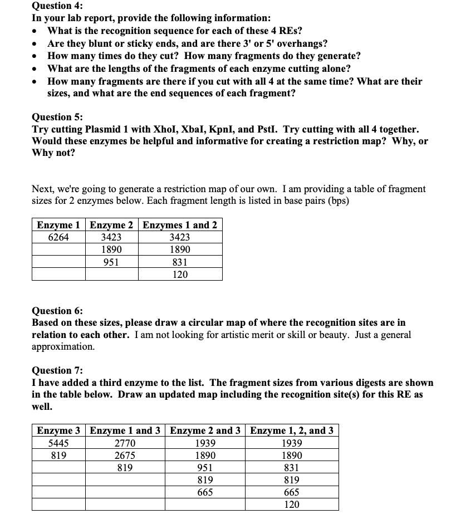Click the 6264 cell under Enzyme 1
58,237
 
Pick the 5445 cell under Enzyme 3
58,443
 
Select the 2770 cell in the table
125,443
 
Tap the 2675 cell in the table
125,455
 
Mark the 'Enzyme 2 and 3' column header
205,430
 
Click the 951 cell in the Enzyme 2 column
111,262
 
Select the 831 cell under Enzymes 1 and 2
180,262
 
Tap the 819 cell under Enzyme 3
58,455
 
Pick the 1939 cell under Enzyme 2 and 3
205,443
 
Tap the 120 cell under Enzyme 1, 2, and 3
292,504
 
